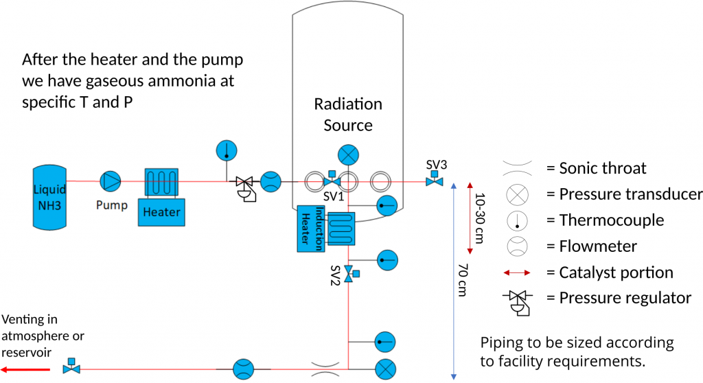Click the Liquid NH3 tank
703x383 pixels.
(49, 197)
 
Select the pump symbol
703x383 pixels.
(111, 181)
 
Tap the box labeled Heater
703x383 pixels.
(161, 211)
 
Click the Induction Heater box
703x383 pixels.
(311, 229)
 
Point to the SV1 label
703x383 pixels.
(334, 196)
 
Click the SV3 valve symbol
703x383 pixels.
(434, 179)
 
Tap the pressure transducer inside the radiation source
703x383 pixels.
(348, 156)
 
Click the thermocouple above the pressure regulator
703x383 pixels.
(227, 151)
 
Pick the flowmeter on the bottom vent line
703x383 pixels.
(244, 369)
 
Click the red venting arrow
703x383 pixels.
(25, 369)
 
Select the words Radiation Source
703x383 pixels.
(348, 115)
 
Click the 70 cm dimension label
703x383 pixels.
(463, 280)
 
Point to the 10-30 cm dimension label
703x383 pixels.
(480, 218)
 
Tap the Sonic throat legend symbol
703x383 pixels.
(518, 168)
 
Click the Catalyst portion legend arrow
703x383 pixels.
(517, 272)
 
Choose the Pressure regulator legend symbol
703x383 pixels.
(518, 303)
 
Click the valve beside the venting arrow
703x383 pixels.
(71, 367)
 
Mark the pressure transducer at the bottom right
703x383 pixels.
(385, 369)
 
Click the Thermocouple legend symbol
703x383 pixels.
(517, 220)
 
